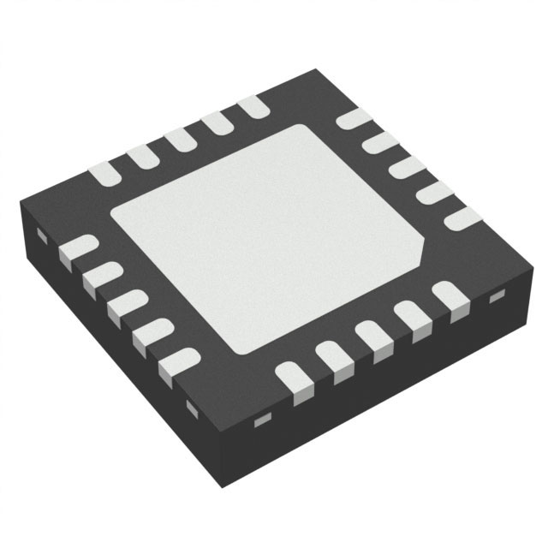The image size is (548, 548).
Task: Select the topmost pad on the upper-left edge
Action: click(253, 107)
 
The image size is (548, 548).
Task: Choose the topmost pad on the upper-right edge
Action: click(350, 119)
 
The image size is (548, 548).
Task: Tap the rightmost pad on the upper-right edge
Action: click(463, 217)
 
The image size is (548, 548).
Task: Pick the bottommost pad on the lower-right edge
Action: click(291, 380)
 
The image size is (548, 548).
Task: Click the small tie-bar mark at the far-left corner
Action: click(39, 233)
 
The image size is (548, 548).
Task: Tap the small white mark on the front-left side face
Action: click(189, 406)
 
